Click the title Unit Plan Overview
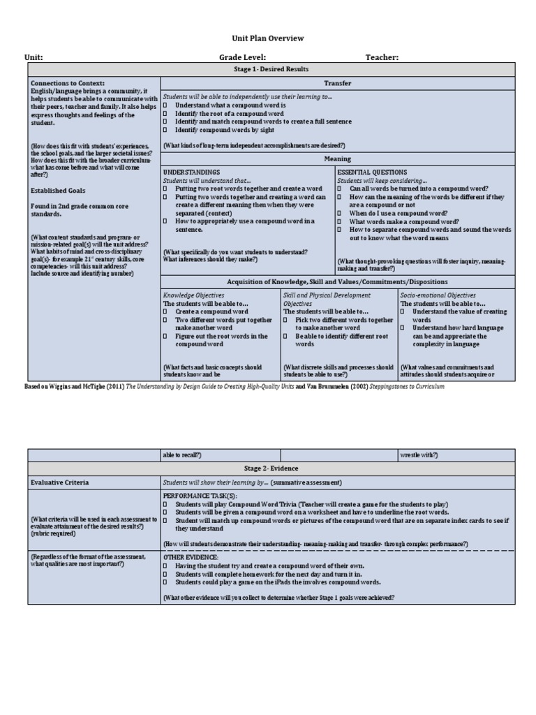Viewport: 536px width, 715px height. click(267, 39)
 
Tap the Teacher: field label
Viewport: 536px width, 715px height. click(382, 57)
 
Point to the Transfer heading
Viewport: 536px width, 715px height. click(338, 83)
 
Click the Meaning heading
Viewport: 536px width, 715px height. click(338, 159)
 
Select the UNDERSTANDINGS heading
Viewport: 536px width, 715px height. click(191, 172)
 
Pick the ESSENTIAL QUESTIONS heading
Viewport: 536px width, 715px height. click(372, 172)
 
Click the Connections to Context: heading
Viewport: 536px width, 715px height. click(68, 83)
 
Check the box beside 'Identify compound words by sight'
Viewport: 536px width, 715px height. click(165, 130)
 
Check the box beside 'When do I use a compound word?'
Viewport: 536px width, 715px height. click(340, 213)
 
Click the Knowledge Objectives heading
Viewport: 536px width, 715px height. click(193, 295)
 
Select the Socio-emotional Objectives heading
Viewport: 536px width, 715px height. click(438, 295)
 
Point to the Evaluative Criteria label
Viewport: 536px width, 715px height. click(59, 482)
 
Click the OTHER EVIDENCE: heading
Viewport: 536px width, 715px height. click(191, 557)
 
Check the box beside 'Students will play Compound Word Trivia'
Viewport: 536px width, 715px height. click(165, 504)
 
